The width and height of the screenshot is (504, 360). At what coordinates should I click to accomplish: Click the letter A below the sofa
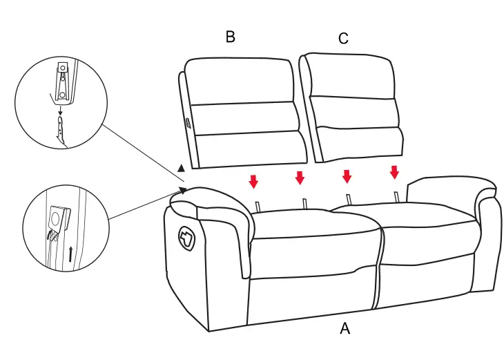click(345, 329)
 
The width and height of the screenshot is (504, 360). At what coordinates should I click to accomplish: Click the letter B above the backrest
click(230, 37)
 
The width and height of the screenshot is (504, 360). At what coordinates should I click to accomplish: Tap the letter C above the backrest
click(343, 38)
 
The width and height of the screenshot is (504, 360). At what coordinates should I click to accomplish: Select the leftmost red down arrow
click(253, 181)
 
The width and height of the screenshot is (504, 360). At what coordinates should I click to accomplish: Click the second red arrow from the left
click(300, 178)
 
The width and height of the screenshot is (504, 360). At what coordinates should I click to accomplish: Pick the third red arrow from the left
click(347, 176)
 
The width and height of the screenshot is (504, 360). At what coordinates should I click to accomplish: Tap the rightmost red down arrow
click(394, 171)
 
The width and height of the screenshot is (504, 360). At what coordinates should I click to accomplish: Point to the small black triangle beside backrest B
click(180, 168)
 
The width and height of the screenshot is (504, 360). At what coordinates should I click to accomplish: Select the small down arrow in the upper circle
click(60, 110)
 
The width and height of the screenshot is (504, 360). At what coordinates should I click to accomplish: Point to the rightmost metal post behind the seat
click(396, 196)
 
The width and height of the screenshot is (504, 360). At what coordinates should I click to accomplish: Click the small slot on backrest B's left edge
click(187, 122)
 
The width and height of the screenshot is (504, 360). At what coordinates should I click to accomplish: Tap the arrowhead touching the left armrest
click(184, 189)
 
